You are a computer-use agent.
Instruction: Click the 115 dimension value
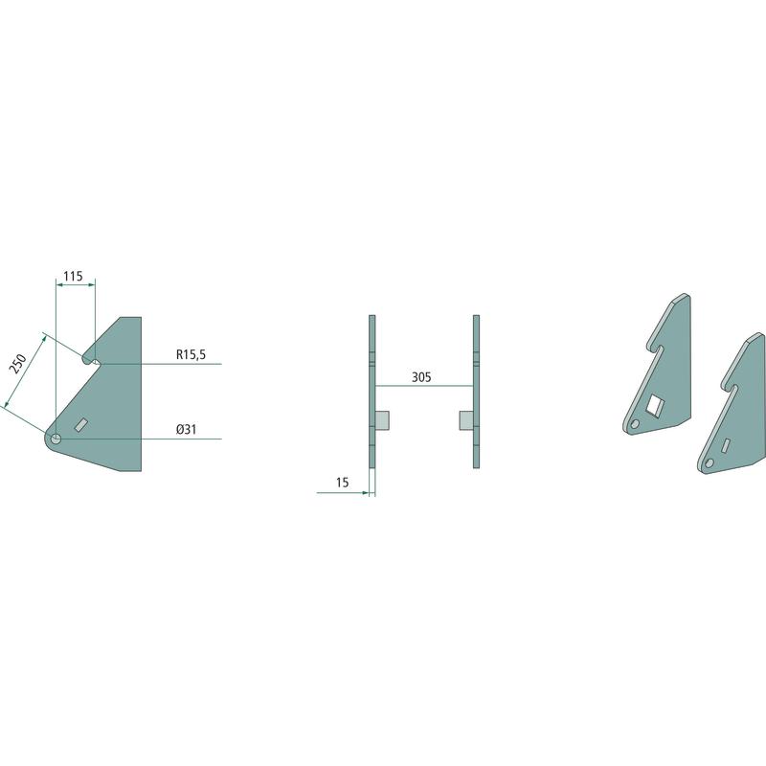pos(73,277)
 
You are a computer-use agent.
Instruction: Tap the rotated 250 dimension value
pos(19,365)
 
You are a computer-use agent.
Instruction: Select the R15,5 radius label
pos(191,354)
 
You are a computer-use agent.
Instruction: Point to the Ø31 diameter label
pos(187,429)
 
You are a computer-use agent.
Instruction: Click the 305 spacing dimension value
pos(421,377)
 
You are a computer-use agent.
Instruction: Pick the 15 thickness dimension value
pos(343,483)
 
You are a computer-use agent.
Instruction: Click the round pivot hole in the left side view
pos(56,439)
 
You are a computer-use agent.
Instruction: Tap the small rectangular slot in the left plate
pos(80,424)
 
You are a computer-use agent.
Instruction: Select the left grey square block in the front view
pos(382,420)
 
